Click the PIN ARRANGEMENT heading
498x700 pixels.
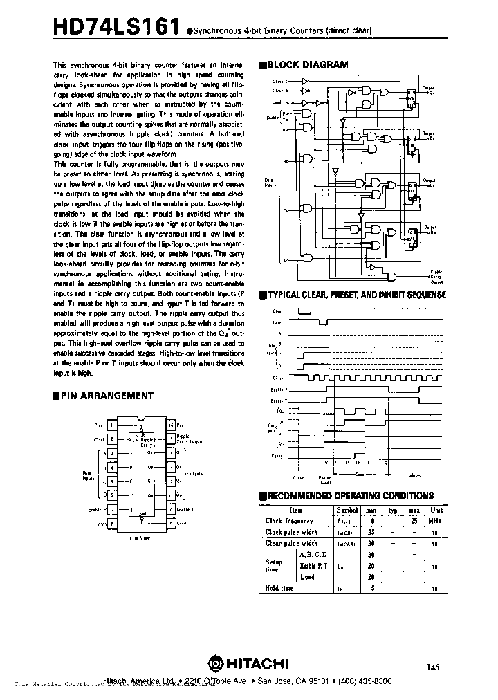(107, 396)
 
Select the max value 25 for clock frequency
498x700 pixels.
(414, 521)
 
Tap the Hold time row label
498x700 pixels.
(279, 588)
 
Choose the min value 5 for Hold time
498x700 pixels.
(372, 588)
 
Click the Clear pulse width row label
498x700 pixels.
(291, 543)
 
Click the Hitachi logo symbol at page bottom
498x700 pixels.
(214, 663)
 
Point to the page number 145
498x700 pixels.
(434, 667)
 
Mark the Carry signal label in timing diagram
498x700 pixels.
(277, 457)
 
